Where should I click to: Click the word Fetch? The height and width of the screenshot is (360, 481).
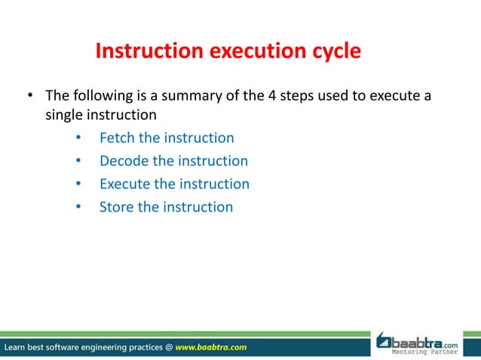tap(118, 138)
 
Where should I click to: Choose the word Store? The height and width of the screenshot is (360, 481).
tap(116, 206)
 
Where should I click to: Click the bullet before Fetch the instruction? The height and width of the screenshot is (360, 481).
tap(78, 139)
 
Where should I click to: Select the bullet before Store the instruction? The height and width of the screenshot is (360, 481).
tap(78, 207)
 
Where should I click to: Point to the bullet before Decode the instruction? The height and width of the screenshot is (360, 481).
tap(78, 161)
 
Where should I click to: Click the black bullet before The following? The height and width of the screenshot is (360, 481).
tap(31, 96)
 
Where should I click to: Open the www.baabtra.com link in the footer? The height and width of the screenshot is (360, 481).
tap(210, 347)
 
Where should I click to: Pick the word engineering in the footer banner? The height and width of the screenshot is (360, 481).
tap(103, 347)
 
